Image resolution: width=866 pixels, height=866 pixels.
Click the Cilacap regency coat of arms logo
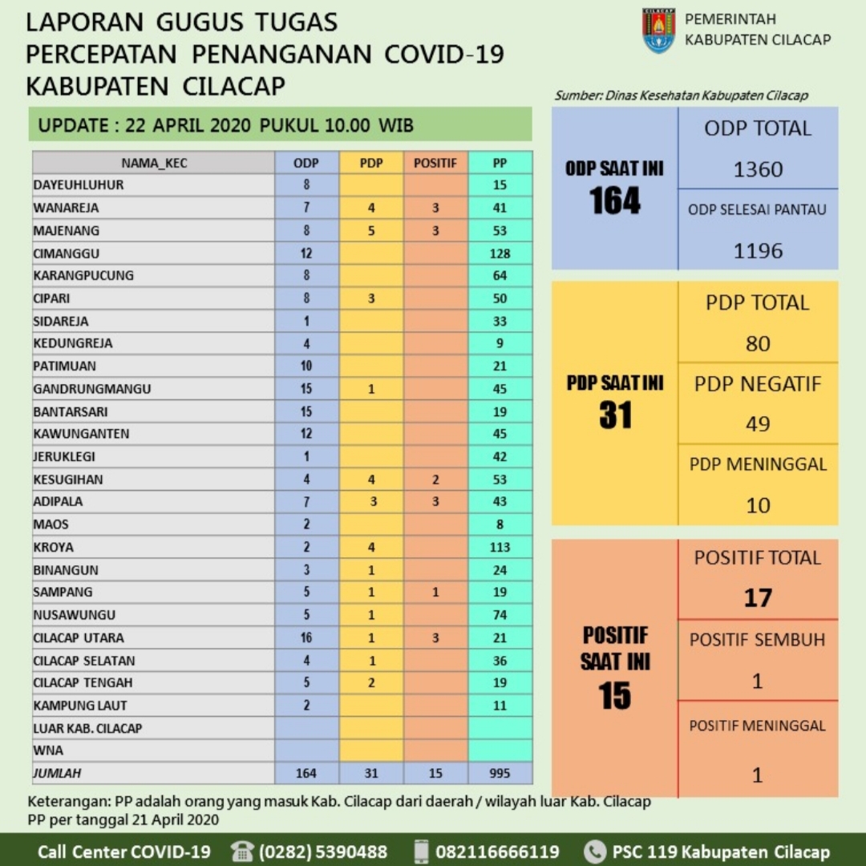point(658,30)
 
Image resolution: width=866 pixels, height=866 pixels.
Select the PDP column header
point(371,163)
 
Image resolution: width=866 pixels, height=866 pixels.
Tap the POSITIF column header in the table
point(435,163)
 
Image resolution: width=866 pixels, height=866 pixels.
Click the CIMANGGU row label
point(67,253)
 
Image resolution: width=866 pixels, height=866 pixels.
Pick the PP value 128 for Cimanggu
point(500,253)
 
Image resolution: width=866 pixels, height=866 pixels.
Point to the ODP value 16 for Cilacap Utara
point(306,638)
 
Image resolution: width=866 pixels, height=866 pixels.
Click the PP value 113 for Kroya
point(500,548)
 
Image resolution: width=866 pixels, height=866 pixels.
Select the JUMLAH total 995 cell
point(500,774)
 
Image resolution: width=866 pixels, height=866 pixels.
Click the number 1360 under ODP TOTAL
point(758,169)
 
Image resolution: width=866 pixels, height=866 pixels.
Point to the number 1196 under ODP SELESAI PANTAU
point(758,251)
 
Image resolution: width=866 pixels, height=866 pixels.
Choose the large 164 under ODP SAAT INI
point(615,200)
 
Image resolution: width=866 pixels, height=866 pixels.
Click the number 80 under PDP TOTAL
point(758,344)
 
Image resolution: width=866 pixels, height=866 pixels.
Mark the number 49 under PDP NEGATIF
point(758,424)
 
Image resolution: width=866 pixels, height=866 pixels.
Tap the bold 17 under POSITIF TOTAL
point(758,598)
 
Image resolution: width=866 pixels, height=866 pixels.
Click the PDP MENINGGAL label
point(758,464)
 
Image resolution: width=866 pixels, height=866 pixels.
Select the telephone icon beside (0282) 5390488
point(241,851)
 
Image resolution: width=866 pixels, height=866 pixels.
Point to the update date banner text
point(226,126)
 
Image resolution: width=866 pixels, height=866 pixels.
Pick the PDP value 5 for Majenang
point(371,231)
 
